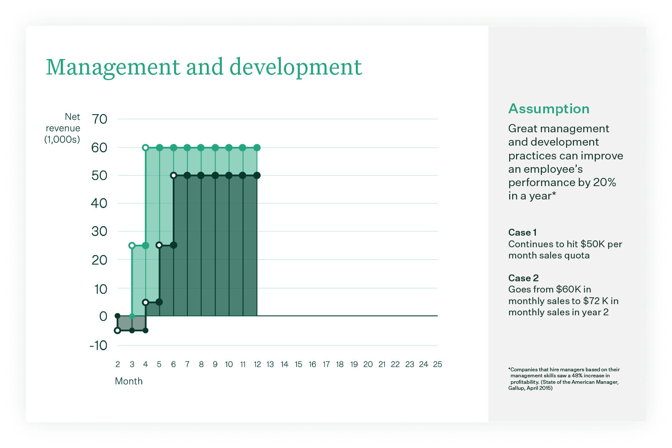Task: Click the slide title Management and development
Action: coord(204,67)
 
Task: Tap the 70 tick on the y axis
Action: coord(100,119)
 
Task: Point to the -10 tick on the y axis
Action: coord(98,345)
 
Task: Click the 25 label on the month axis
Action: coord(437,364)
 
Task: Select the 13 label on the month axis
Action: coord(270,364)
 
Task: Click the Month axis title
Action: coord(128,381)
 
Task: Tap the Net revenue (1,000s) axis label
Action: coord(63,128)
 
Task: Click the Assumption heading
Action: coord(548,109)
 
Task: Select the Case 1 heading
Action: coord(522,233)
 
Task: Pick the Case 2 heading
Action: coord(523,278)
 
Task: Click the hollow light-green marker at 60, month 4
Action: coord(146,148)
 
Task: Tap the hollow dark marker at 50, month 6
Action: coord(174,175)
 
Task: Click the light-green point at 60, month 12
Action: coord(257,148)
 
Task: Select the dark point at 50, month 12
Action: coord(257,175)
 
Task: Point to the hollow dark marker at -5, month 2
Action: coord(118,330)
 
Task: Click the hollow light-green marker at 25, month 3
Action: coord(132,246)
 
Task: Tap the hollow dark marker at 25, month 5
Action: coord(159,245)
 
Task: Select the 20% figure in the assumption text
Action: coord(604,183)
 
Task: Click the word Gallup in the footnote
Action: coord(516,388)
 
